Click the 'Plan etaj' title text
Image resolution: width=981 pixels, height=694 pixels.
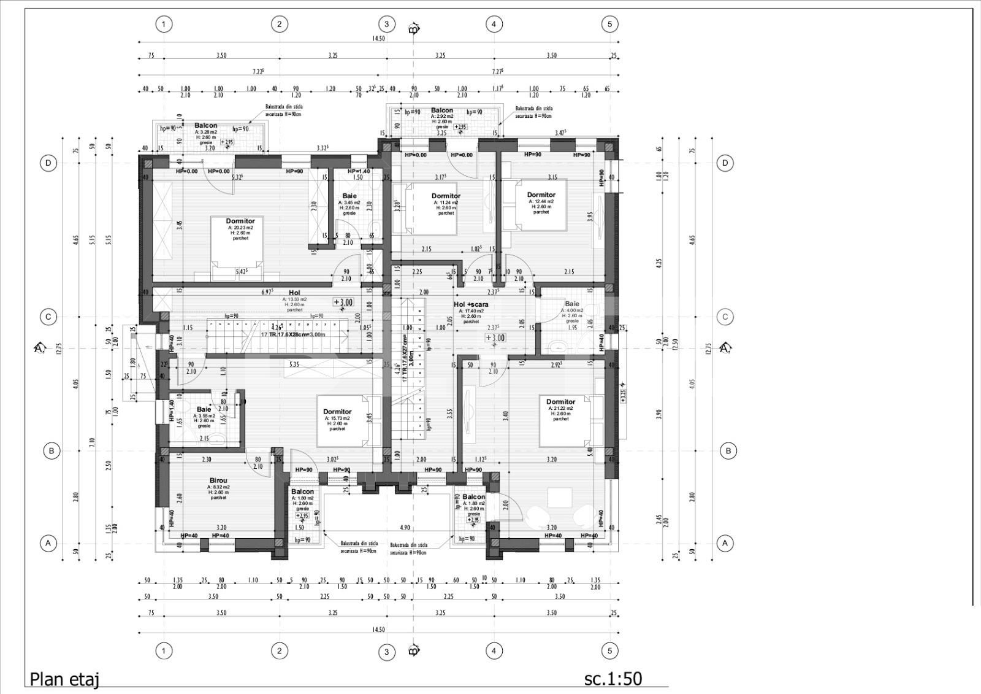[64, 679]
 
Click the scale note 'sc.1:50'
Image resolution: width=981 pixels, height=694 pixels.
[613, 678]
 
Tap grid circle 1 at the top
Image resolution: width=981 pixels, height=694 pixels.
[164, 25]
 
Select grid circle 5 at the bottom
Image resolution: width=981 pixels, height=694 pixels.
[609, 650]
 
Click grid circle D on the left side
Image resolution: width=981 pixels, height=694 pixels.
[48, 163]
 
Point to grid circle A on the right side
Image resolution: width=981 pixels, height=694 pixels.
[725, 543]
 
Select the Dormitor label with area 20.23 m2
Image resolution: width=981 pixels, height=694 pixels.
[240, 221]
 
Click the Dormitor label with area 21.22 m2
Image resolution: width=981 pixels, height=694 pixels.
[560, 402]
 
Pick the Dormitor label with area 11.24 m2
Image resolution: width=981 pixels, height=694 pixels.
[446, 196]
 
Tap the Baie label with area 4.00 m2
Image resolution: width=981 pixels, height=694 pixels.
[571, 304]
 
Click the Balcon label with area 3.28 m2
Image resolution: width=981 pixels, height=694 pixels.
[206, 126]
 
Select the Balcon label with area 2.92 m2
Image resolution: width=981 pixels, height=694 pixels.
[441, 110]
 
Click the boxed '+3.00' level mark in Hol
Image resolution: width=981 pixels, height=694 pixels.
[343, 303]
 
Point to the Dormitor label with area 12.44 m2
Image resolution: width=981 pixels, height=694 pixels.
[541, 195]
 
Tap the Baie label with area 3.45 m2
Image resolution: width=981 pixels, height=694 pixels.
[349, 196]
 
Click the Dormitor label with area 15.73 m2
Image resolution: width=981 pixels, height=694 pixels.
[337, 412]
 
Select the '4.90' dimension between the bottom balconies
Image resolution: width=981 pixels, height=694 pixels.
[405, 528]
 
